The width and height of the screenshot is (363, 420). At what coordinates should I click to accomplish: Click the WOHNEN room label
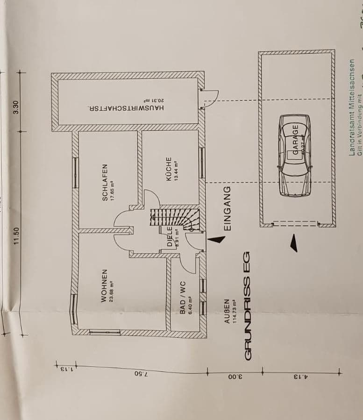pyautogui.click(x=104, y=285)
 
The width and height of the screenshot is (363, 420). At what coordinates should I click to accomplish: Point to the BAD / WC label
pyautogui.click(x=183, y=297)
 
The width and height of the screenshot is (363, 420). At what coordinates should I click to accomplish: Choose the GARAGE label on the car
pyautogui.click(x=295, y=138)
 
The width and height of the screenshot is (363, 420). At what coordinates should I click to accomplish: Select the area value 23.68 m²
pyautogui.click(x=112, y=286)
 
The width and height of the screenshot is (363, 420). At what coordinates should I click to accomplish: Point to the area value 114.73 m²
pyautogui.click(x=235, y=312)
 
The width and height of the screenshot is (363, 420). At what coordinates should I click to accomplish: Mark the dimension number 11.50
pyautogui.click(x=16, y=236)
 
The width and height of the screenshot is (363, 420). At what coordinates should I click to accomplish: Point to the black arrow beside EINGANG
pyautogui.click(x=215, y=239)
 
